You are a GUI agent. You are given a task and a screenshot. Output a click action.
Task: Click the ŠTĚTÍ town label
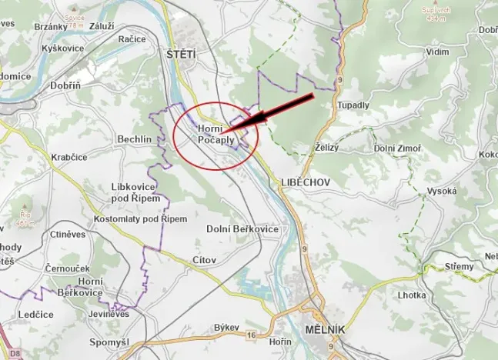pos(182,54)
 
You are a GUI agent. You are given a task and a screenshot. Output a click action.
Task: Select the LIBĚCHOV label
pos(299,182)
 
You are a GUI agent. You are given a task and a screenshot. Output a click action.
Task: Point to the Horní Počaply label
pos(216,135)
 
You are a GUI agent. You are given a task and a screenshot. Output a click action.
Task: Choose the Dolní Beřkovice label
pos(242,229)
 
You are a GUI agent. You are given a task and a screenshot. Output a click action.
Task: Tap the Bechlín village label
pos(135,138)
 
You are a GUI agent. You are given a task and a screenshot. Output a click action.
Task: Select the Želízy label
pos(326,148)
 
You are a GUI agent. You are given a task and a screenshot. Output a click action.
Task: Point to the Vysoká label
pos(442,191)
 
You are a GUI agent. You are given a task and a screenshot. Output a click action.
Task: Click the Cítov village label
pos(205,261)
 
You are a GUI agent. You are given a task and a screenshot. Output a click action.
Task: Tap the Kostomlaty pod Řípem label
pos(140,219)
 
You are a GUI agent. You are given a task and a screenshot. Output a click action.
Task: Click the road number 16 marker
pos(252,335)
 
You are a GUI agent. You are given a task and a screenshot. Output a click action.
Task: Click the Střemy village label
pos(460,266)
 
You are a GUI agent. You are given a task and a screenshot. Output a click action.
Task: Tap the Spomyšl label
pos(108,341)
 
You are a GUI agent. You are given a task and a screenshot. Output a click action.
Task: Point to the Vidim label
pos(436,52)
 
